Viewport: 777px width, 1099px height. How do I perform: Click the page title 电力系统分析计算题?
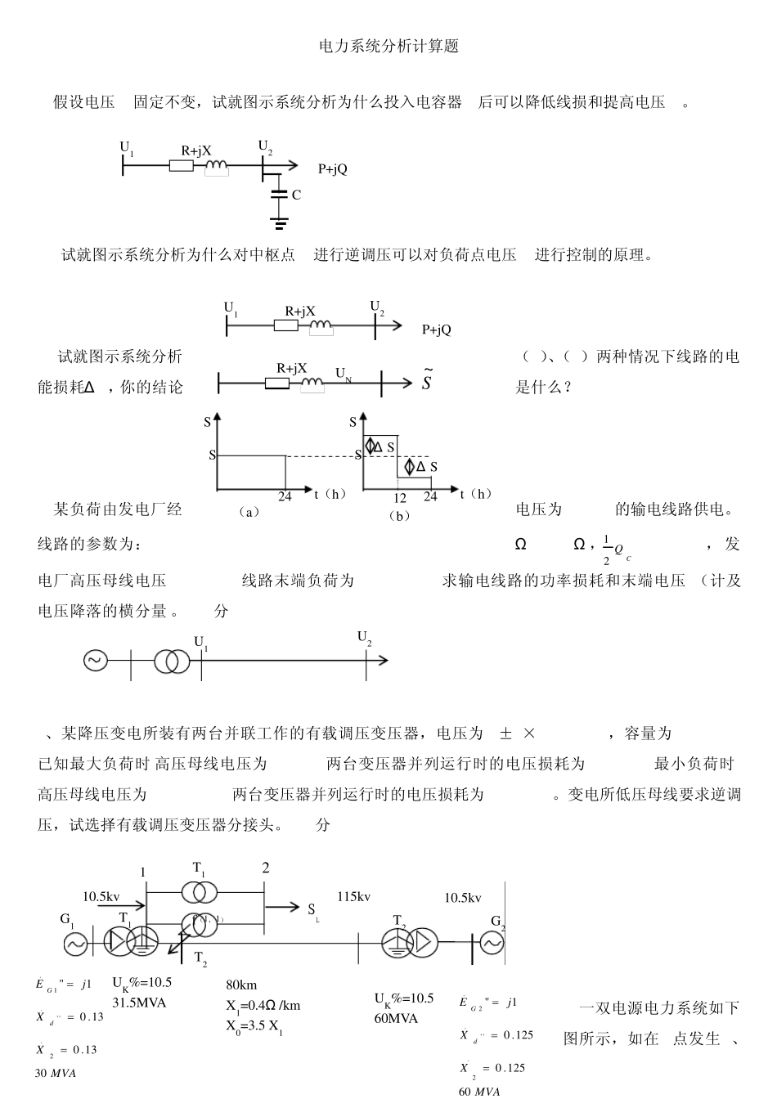click(388, 47)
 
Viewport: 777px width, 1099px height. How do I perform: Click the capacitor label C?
click(296, 195)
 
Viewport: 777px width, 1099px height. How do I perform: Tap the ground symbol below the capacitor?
click(280, 222)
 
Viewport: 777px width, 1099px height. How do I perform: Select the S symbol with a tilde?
click(427, 382)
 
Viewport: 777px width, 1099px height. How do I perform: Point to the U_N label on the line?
click(344, 374)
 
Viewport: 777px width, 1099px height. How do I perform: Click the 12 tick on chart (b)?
click(400, 497)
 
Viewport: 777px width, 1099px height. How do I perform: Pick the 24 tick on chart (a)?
click(285, 496)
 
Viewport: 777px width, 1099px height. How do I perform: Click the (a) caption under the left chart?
click(249, 513)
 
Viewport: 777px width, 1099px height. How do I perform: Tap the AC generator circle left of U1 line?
click(96, 661)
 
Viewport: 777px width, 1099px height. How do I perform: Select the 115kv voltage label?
click(353, 897)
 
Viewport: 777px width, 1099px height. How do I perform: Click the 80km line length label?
click(241, 985)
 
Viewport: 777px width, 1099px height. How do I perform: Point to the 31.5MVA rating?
click(139, 1003)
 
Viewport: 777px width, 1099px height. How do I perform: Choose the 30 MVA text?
click(56, 1074)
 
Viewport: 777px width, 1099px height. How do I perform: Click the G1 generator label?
click(67, 919)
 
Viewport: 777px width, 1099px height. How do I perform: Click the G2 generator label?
click(497, 922)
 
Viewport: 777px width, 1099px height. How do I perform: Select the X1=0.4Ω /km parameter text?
click(263, 1005)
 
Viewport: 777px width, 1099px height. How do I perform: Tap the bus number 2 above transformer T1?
click(265, 868)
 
